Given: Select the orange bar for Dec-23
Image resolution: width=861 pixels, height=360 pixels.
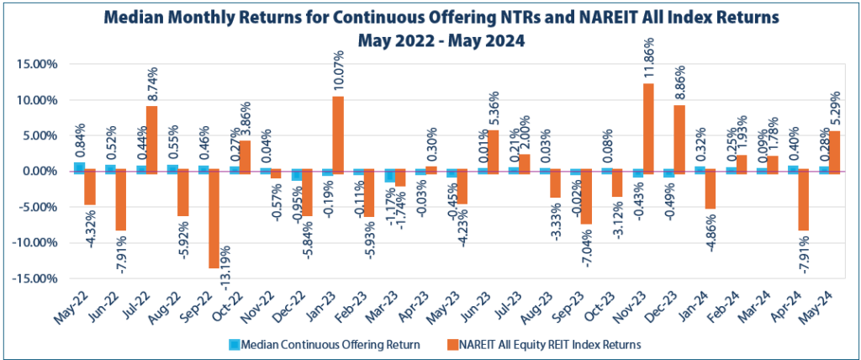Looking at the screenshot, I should pyautogui.click(x=679, y=139).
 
